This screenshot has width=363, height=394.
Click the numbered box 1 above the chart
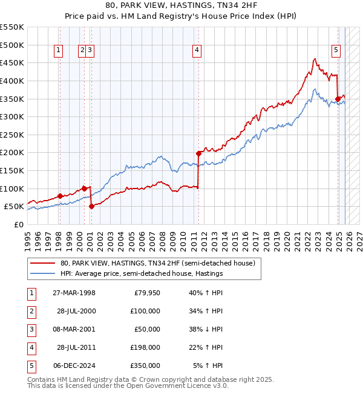[x=59, y=51]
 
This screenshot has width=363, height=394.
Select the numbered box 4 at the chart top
[x=197, y=51]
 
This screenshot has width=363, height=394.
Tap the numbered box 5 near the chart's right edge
[x=336, y=51]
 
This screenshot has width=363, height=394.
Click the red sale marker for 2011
[x=198, y=153]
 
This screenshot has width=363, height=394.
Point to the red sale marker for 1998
[x=60, y=196]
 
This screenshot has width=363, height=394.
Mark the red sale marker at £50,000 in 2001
[x=91, y=206]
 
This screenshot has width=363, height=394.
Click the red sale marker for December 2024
[x=338, y=99]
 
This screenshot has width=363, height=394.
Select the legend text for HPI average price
[x=142, y=273]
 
